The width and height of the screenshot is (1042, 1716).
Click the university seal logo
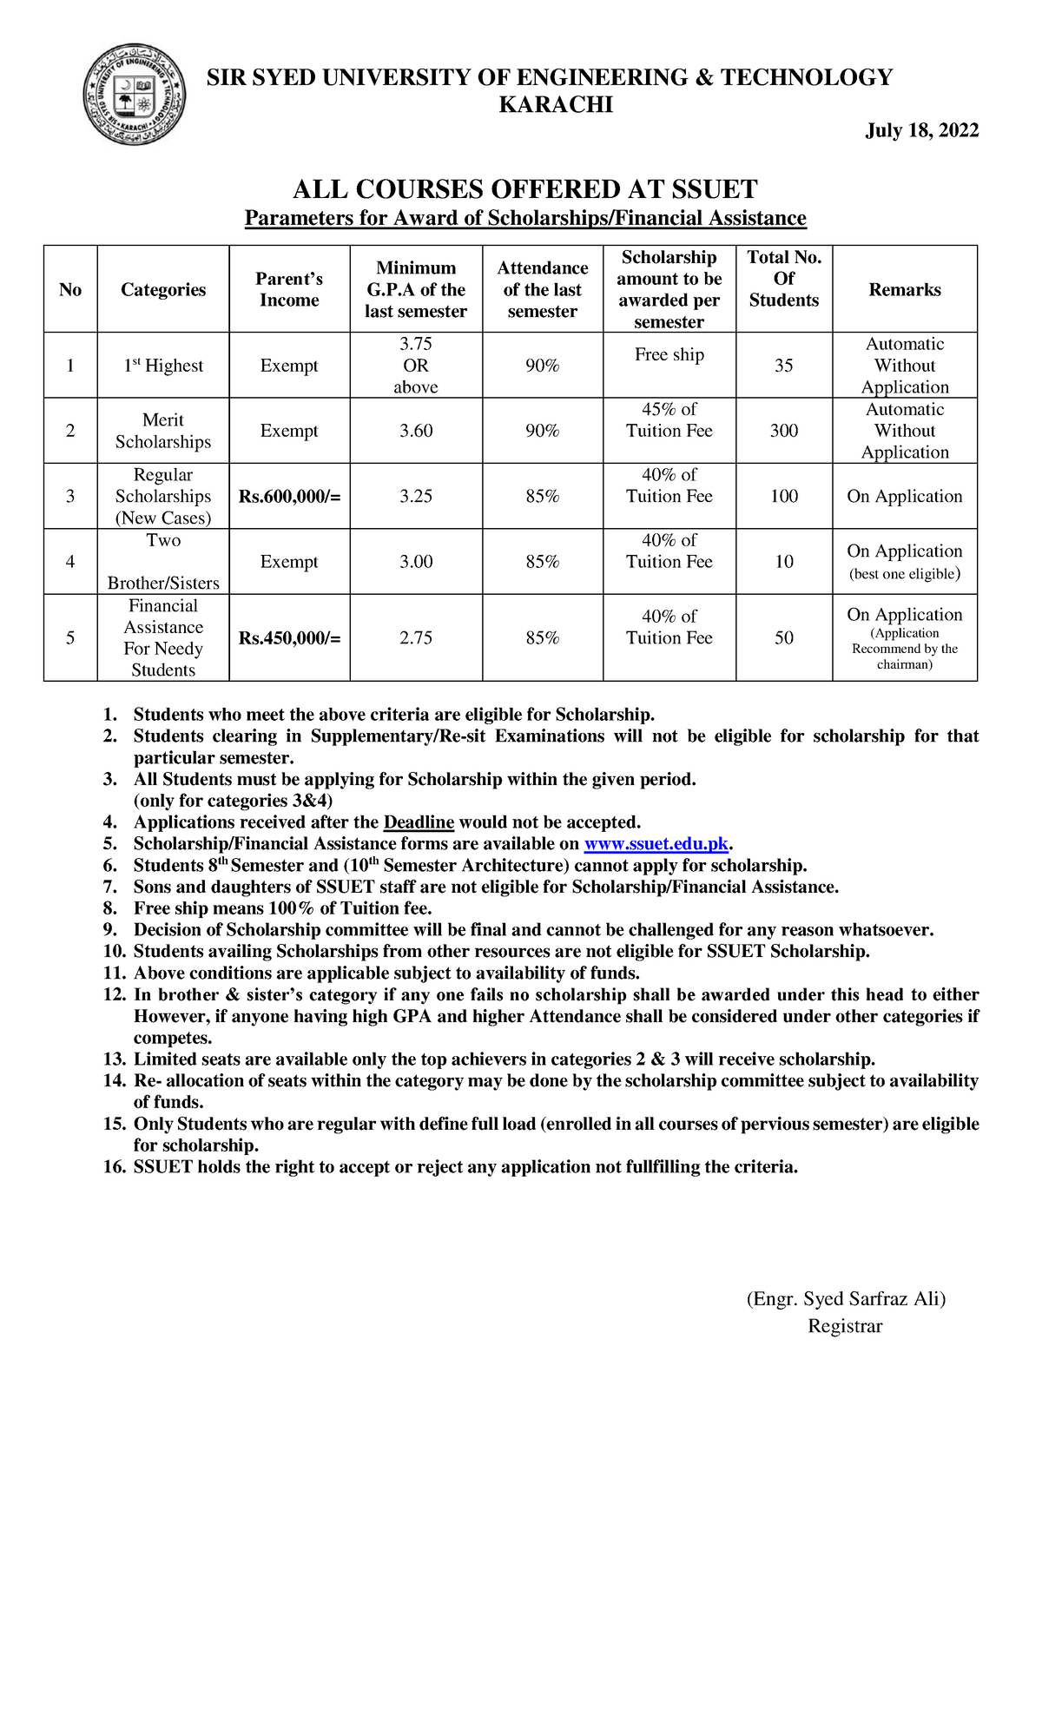(x=134, y=95)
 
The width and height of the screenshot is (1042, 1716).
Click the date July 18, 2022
(x=921, y=130)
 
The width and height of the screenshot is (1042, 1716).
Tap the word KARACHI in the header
(x=556, y=105)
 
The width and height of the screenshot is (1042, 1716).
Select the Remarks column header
(x=904, y=290)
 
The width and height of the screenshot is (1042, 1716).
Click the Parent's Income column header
(x=289, y=289)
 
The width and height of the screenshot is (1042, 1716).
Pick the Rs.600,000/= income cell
(x=289, y=497)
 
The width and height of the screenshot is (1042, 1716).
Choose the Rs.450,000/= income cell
(x=289, y=638)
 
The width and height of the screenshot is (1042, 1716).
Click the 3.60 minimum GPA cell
(x=416, y=431)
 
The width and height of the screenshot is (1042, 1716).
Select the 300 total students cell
(x=783, y=431)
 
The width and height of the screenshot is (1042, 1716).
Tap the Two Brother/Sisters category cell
(x=163, y=562)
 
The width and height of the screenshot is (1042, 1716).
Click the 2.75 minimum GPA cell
(x=416, y=638)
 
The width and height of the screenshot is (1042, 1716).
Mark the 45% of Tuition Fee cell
(x=669, y=420)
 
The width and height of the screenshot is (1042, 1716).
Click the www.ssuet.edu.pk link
(x=656, y=844)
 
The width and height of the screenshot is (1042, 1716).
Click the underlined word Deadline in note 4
(x=419, y=822)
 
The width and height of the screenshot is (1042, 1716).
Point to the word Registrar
(x=844, y=1326)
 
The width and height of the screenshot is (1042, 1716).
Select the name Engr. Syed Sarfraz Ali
(x=846, y=1299)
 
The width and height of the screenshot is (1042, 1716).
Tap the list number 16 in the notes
(x=115, y=1167)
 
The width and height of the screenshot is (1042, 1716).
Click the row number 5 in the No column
(x=70, y=638)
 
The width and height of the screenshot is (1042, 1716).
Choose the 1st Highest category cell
(x=163, y=366)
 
